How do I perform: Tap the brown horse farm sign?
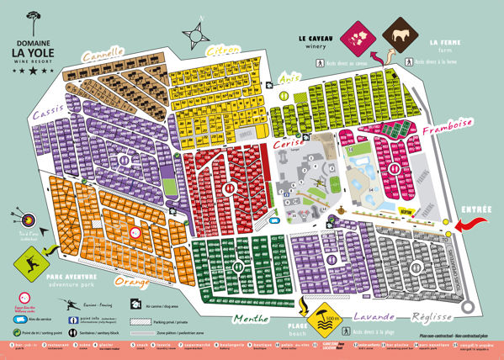[401, 36]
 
